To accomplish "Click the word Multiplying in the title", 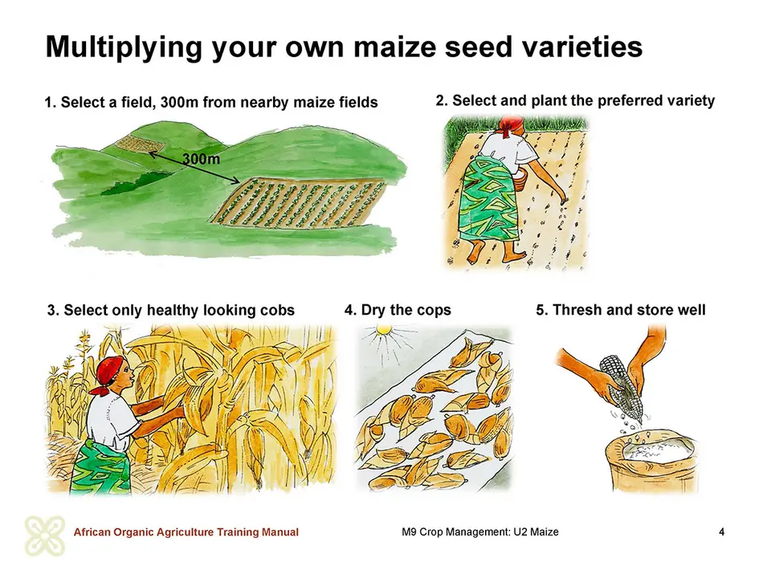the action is click(124, 47).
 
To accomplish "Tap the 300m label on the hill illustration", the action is click(201, 159).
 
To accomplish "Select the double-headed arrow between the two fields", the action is click(194, 167).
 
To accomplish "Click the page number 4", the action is click(721, 531).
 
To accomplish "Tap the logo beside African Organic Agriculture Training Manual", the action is click(45, 535).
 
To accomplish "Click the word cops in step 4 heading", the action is click(433, 311).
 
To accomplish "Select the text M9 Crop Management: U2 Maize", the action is click(480, 531).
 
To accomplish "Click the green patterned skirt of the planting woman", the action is click(487, 201).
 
